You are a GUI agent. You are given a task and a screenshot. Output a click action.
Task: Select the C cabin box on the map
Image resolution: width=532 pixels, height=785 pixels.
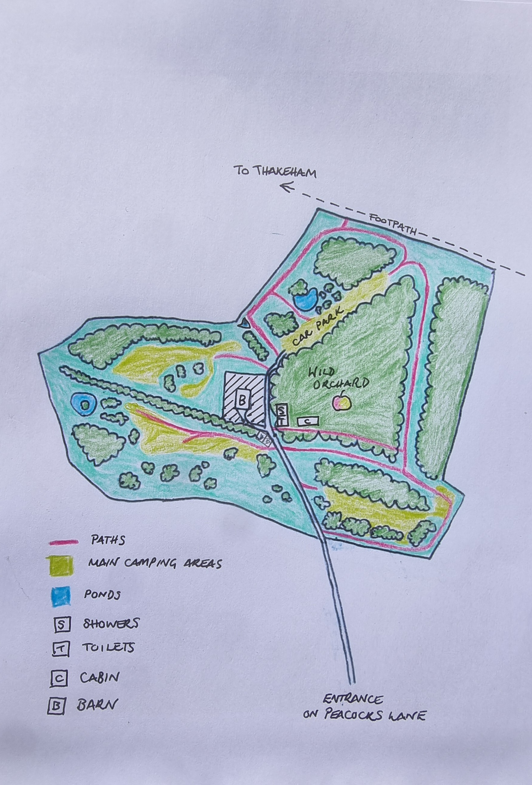click(x=308, y=421)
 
